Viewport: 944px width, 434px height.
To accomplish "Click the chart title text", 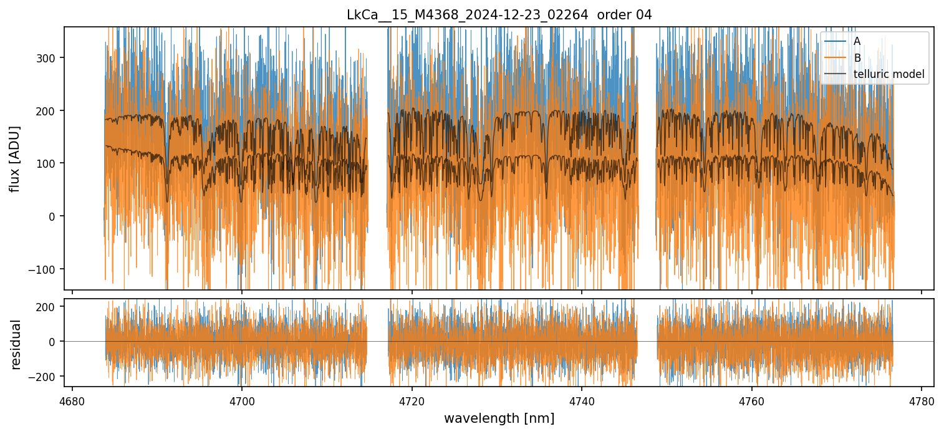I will pos(499,15).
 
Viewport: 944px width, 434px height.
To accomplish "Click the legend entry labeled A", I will pos(857,41).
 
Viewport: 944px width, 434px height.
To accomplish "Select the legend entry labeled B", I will pos(857,58).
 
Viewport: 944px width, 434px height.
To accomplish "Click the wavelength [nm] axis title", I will pos(499,418).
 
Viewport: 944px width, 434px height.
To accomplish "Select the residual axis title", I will pos(16,344).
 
